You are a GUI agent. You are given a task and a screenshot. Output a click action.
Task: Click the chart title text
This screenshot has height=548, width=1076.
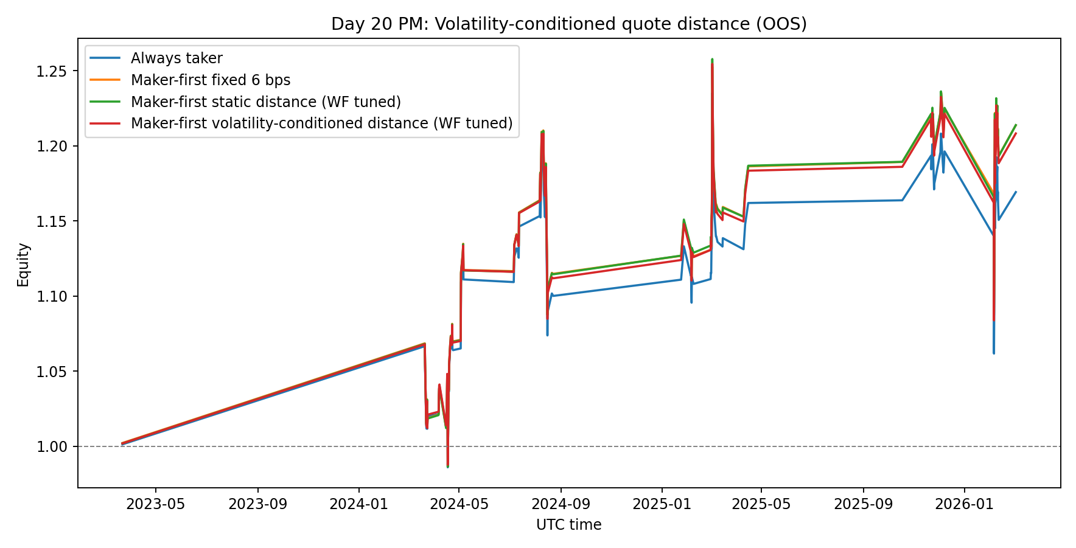[568, 24]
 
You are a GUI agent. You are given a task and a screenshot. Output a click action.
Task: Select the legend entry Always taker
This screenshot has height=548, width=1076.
[176, 58]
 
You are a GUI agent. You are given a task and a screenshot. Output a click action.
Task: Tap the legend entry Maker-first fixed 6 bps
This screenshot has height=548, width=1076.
[210, 80]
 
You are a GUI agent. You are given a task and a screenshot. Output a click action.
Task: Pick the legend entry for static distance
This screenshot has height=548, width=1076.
[265, 102]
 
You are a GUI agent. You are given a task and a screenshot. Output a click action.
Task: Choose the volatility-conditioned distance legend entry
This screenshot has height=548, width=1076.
[321, 123]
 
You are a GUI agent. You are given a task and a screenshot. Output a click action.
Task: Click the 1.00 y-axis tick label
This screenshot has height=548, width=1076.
[53, 447]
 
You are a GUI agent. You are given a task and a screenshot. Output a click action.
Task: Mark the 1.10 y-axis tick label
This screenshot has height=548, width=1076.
[53, 297]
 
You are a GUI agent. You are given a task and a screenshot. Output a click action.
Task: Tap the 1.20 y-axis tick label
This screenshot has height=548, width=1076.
[53, 147]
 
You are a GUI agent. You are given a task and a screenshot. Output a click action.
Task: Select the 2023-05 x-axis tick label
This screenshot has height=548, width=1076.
[155, 504]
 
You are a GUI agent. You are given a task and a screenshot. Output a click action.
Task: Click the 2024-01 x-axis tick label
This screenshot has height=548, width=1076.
[359, 504]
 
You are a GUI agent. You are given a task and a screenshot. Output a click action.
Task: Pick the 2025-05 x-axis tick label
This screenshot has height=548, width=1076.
[761, 504]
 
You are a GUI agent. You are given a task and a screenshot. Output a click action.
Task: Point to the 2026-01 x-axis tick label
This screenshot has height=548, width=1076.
[964, 504]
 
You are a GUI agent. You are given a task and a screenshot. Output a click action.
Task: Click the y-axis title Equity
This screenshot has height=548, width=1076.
[23, 265]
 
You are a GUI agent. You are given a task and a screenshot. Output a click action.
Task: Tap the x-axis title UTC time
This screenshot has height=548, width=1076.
[568, 525]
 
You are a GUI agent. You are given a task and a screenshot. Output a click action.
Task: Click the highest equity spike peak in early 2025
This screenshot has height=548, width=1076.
[712, 60]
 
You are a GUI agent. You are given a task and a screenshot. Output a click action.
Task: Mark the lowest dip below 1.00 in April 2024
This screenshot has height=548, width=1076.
[448, 466]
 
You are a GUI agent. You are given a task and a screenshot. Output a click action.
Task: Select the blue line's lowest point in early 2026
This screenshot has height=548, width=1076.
[994, 353]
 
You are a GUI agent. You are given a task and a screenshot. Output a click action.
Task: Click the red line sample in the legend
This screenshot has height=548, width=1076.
[107, 123]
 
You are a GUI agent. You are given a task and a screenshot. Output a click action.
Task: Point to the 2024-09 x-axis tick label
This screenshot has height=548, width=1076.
[561, 504]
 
